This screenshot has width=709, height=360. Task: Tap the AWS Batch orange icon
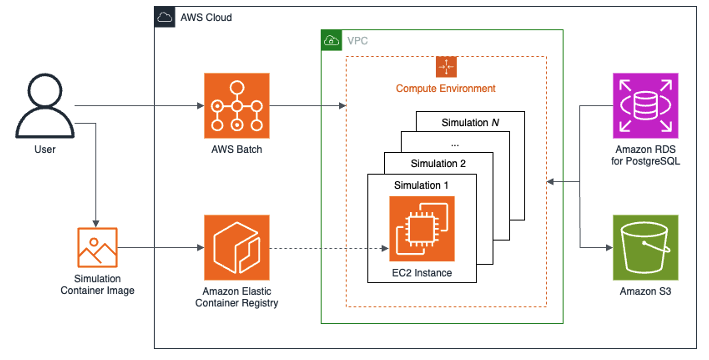[x=235, y=105]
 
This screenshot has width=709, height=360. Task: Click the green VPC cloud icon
[x=331, y=41]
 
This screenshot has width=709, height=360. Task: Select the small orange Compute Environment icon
[x=446, y=67]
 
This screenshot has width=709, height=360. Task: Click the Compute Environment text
[x=446, y=89]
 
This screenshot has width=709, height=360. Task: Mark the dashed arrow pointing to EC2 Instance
[x=330, y=247]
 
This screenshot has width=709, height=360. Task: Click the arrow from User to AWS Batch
[x=140, y=105]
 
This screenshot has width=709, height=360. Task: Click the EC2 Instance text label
[x=421, y=272]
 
